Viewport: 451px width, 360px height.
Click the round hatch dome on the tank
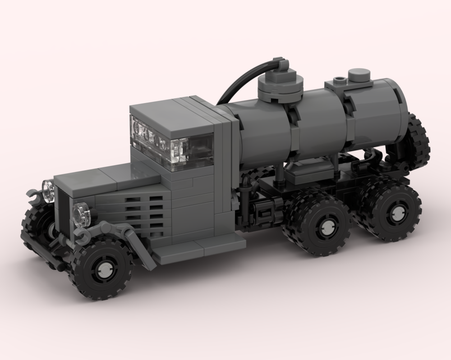coord(279,84)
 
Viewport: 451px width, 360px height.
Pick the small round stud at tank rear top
coord(359,74)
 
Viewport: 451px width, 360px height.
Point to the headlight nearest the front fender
coord(82,214)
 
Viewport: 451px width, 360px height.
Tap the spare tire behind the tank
coord(419,142)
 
